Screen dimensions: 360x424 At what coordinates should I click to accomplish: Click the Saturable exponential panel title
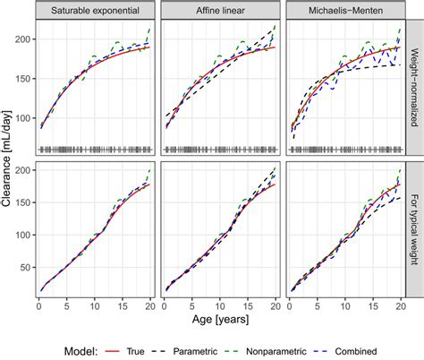(x=94, y=10)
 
